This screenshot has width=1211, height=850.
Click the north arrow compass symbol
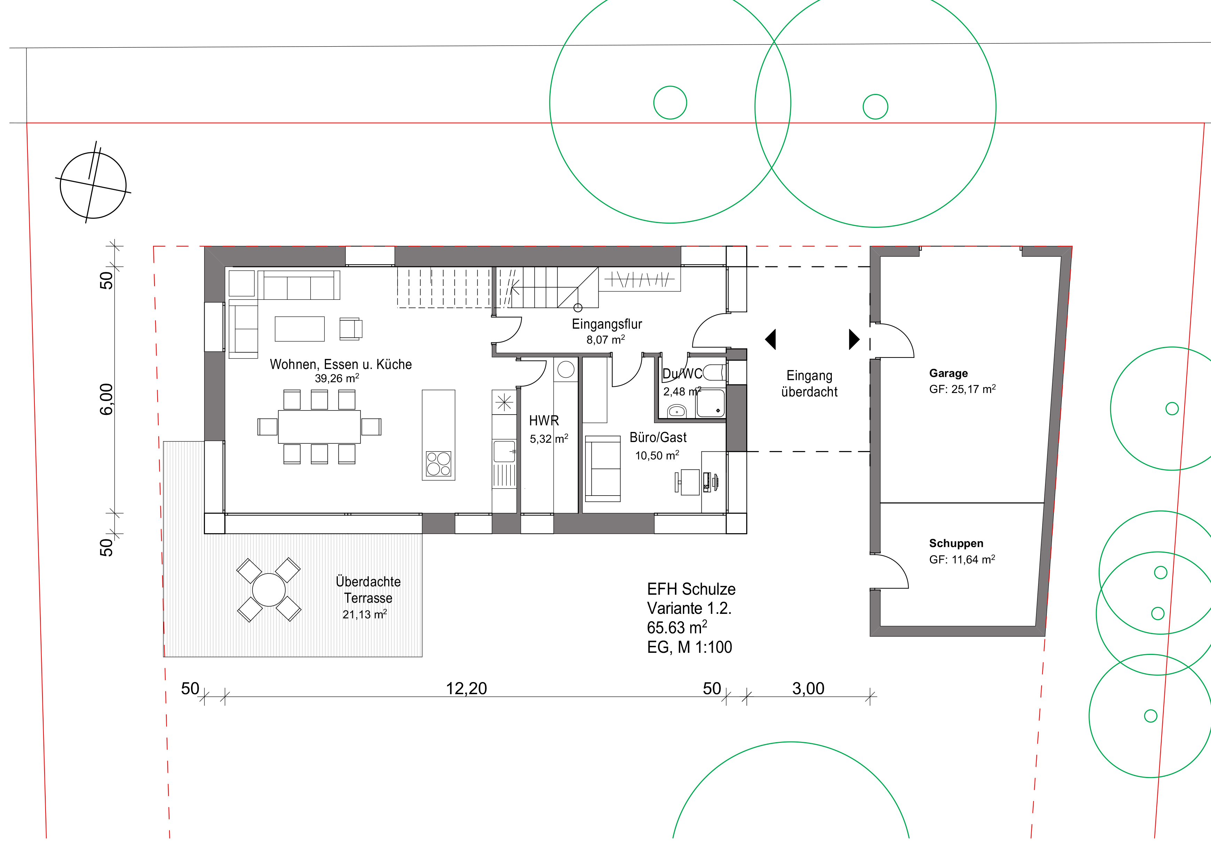pos(93,185)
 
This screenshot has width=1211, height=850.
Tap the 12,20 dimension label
pos(466,689)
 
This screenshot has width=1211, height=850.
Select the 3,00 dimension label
pos(808,689)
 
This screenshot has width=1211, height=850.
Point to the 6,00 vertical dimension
pos(106,399)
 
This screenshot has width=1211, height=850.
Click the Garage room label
pos(948,373)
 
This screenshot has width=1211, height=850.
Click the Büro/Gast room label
pos(658,437)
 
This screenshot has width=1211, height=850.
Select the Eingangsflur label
pos(607,324)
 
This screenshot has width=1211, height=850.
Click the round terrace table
pos(269,590)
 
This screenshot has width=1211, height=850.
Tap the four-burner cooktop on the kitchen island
pos(439,464)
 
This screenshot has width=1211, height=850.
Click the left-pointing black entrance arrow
pos(771,339)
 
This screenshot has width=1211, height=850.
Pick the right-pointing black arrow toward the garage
pos(854,339)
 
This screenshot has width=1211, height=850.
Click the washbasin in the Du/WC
pos(677,411)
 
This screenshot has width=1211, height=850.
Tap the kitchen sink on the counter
pos(504,452)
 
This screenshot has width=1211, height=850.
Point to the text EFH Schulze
pos(691,589)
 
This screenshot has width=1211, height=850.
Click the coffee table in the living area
pos(300,329)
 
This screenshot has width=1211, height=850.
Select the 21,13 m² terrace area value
pos(365,614)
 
